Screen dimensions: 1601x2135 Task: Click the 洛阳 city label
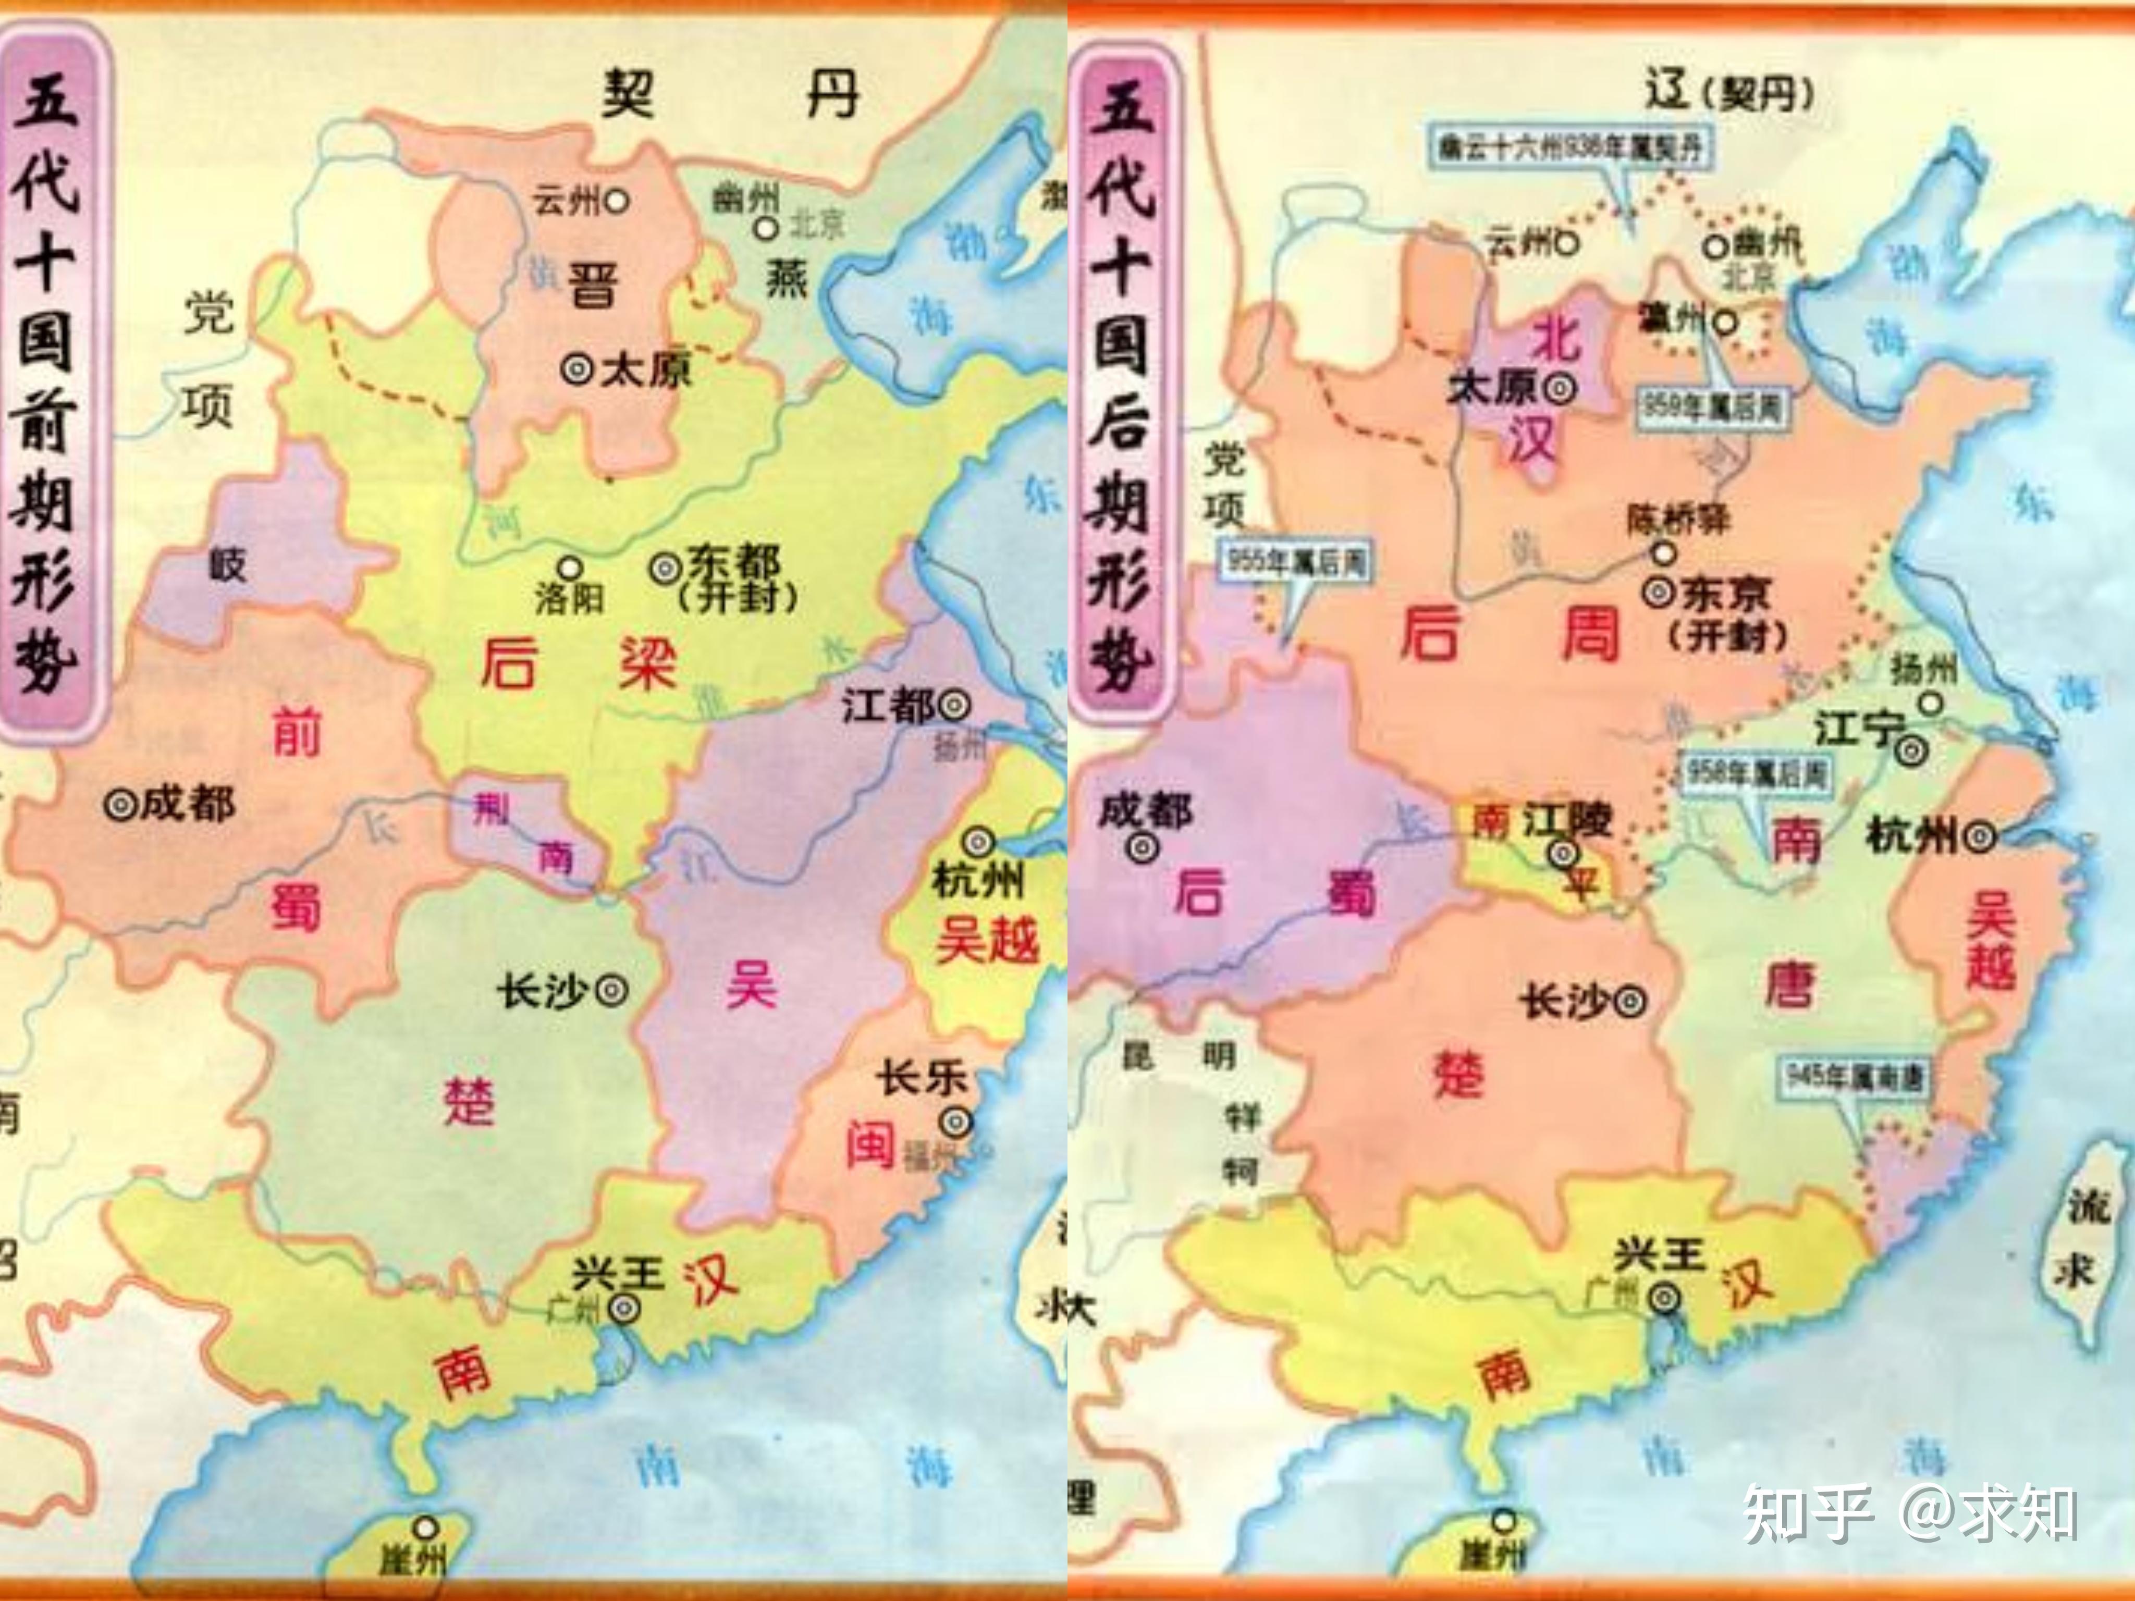click(570, 598)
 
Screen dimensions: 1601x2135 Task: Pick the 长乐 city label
click(922, 1078)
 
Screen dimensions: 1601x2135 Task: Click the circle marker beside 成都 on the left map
click(120, 805)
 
